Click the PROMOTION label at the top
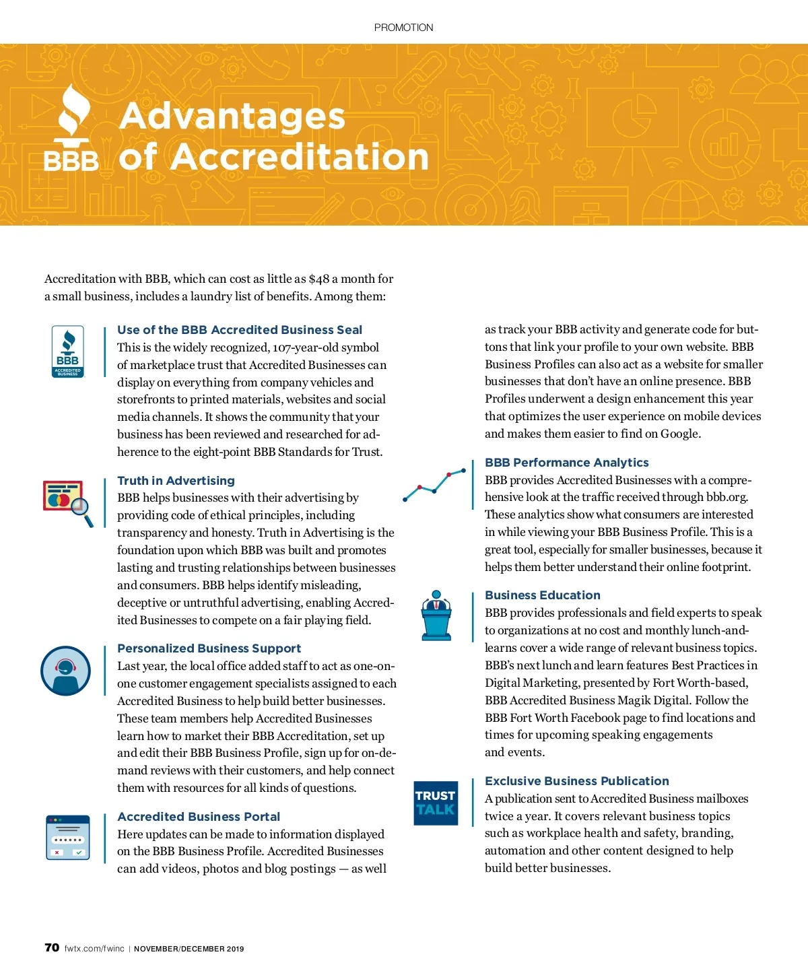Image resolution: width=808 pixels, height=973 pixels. pyautogui.click(x=403, y=28)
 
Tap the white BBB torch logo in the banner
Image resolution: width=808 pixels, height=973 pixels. pyautogui.click(x=71, y=128)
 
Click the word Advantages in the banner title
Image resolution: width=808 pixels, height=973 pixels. pyautogui.click(x=232, y=116)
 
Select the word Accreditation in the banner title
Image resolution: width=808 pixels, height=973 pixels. pyautogui.click(x=300, y=157)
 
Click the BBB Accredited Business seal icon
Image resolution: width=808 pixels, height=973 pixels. pyautogui.click(x=68, y=351)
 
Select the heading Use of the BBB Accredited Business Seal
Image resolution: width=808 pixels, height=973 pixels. pyautogui.click(x=240, y=330)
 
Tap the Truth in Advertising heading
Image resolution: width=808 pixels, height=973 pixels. pyautogui.click(x=176, y=481)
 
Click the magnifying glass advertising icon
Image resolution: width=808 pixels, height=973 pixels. pyautogui.click(x=68, y=502)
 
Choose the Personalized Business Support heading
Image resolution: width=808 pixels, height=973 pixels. pyautogui.click(x=209, y=648)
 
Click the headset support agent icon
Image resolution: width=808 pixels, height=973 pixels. pyautogui.click(x=65, y=671)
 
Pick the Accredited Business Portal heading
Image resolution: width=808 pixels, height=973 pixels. pyautogui.click(x=199, y=817)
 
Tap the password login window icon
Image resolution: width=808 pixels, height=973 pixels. pyautogui.click(x=68, y=838)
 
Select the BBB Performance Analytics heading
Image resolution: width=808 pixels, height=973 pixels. pyautogui.click(x=566, y=463)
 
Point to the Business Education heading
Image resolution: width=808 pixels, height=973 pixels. pyautogui.click(x=542, y=595)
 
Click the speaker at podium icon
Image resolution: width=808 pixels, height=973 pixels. pyautogui.click(x=436, y=615)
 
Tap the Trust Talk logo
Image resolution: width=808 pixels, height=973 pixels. pyautogui.click(x=436, y=803)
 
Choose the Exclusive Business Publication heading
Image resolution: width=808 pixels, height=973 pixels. pyautogui.click(x=576, y=781)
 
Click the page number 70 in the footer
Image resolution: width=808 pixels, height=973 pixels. pyautogui.click(x=52, y=948)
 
